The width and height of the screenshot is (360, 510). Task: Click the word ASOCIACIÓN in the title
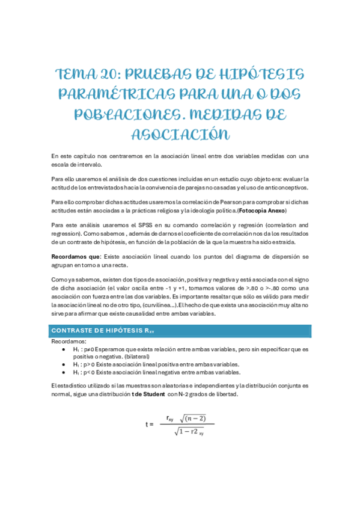pyautogui.click(x=180, y=134)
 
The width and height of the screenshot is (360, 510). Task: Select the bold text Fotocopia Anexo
pyautogui.click(x=262, y=210)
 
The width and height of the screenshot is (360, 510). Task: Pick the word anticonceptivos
pyautogui.click(x=281, y=187)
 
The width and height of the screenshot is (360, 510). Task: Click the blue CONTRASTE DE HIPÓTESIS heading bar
pyautogui.click(x=180, y=331)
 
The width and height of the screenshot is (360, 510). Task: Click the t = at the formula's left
pyautogui.click(x=149, y=424)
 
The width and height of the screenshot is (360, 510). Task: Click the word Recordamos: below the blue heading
pyautogui.click(x=69, y=341)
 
